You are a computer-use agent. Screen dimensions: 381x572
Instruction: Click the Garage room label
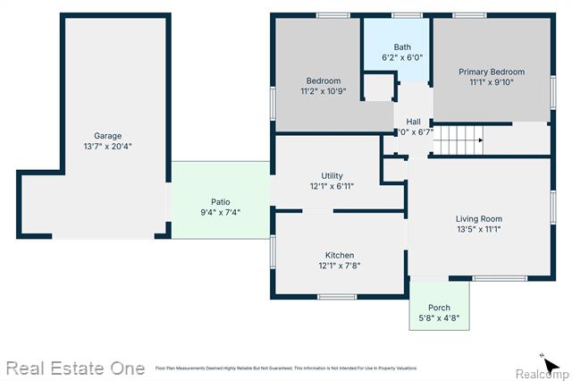(107, 136)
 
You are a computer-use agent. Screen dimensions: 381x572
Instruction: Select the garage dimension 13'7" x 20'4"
(107, 147)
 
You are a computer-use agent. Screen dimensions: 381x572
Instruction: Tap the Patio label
(220, 201)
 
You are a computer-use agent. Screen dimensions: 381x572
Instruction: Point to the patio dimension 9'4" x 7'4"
(220, 212)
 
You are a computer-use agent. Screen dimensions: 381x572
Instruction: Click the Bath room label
(402, 47)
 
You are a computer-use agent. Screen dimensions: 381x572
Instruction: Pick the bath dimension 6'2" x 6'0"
(402, 57)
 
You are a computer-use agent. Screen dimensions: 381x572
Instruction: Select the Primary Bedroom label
(492, 72)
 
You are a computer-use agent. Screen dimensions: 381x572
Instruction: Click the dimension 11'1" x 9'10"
(492, 82)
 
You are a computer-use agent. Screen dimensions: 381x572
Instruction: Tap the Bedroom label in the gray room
(323, 80)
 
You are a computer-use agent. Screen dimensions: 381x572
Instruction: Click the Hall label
(413, 122)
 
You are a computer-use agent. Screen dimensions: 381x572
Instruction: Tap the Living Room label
(479, 218)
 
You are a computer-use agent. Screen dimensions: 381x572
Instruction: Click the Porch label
(439, 307)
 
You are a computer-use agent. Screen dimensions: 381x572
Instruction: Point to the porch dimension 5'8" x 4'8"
(439, 317)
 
